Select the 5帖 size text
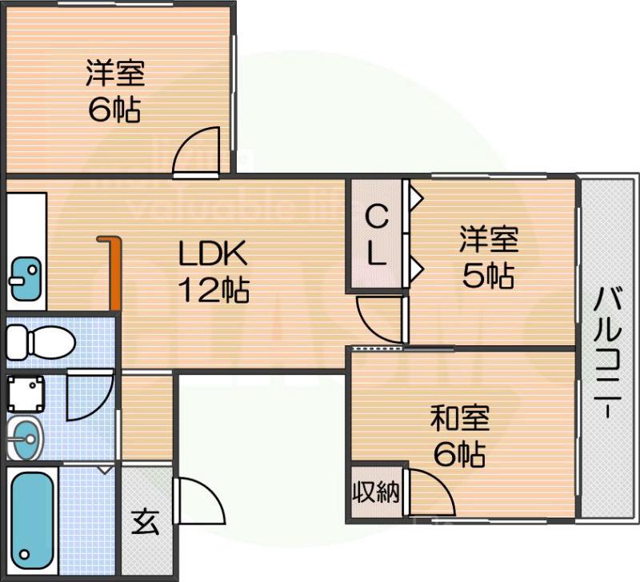tap(488, 275)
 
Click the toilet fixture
tap(40, 343)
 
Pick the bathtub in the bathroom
tap(32, 516)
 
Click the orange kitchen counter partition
tap(114, 272)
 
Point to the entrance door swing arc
tap(196, 497)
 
